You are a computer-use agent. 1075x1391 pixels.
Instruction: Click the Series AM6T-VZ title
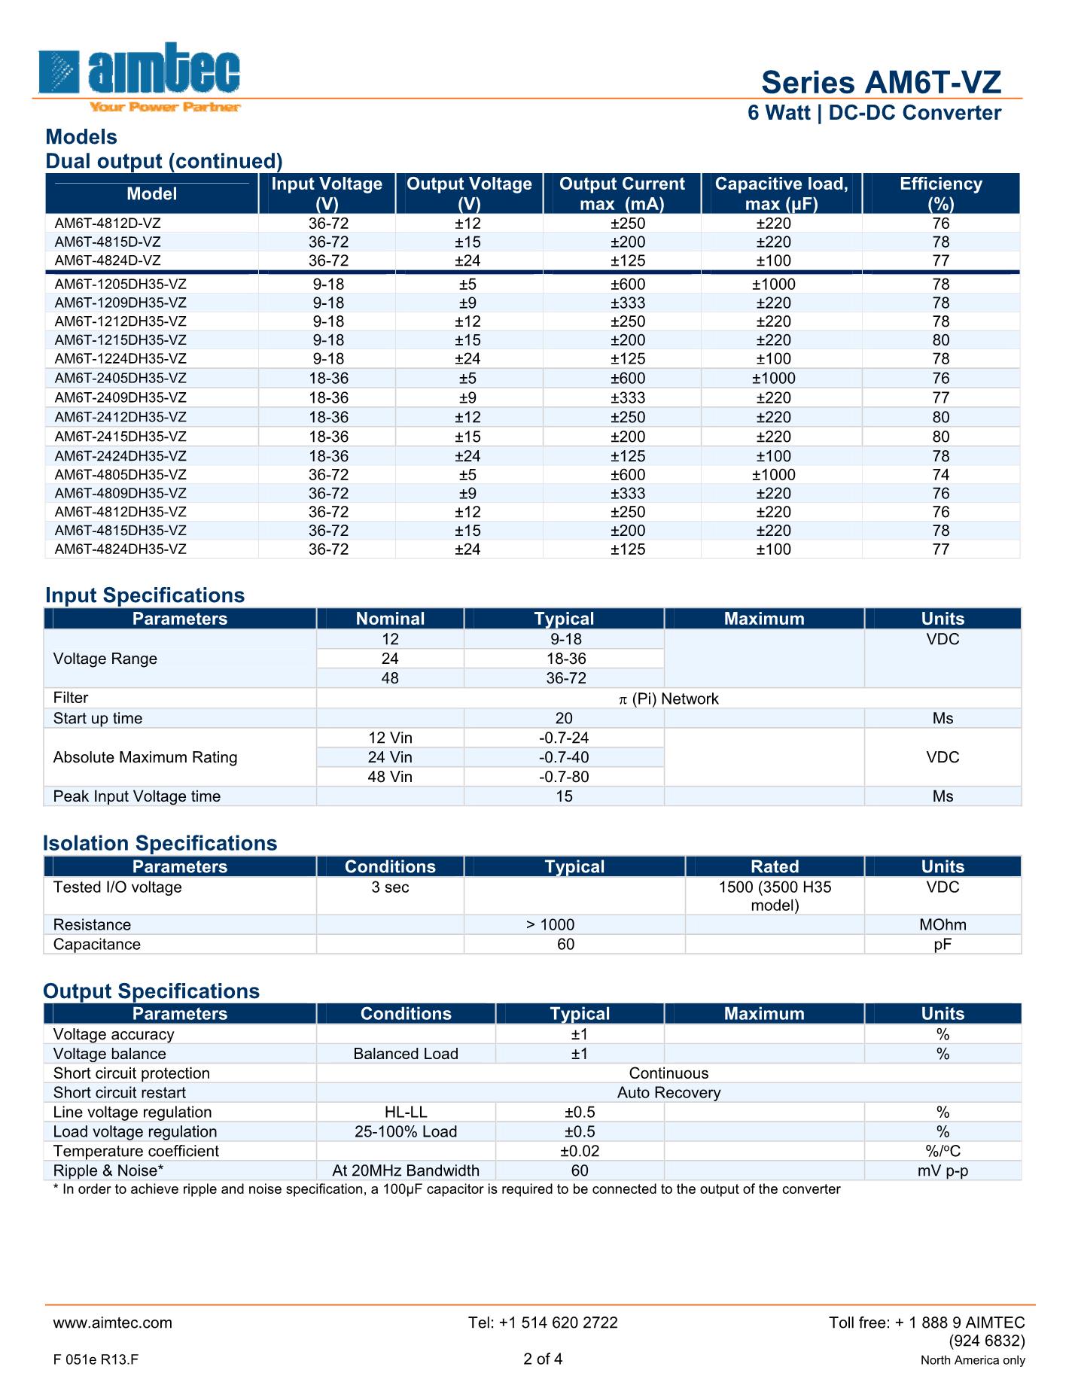tap(881, 82)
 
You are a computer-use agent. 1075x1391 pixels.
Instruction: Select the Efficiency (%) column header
tap(940, 193)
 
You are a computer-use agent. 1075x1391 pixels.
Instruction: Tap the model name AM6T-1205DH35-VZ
tap(120, 285)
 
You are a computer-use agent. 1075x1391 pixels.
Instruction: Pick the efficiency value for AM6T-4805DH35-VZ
tap(940, 475)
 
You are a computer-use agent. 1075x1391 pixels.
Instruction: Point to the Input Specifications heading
tap(145, 595)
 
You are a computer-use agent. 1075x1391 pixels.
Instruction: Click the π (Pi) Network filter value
tap(668, 699)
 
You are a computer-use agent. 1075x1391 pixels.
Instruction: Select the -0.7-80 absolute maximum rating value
tap(564, 777)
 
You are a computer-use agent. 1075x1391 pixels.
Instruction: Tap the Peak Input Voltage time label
tap(137, 796)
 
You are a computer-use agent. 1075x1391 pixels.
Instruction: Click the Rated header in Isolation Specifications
tap(775, 866)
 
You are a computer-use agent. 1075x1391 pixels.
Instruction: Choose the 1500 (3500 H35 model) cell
tap(775, 896)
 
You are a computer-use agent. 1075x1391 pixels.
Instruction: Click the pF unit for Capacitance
tap(943, 944)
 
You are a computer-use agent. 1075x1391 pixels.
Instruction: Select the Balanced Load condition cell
tap(406, 1054)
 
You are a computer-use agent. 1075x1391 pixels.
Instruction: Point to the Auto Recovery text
tap(668, 1092)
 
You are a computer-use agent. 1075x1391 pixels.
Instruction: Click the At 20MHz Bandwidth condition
tap(406, 1170)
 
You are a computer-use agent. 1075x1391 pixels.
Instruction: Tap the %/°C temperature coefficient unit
tap(943, 1151)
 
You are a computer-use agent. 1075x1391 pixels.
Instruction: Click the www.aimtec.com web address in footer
tap(113, 1323)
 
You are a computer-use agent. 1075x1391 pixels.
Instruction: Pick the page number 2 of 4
tap(543, 1359)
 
